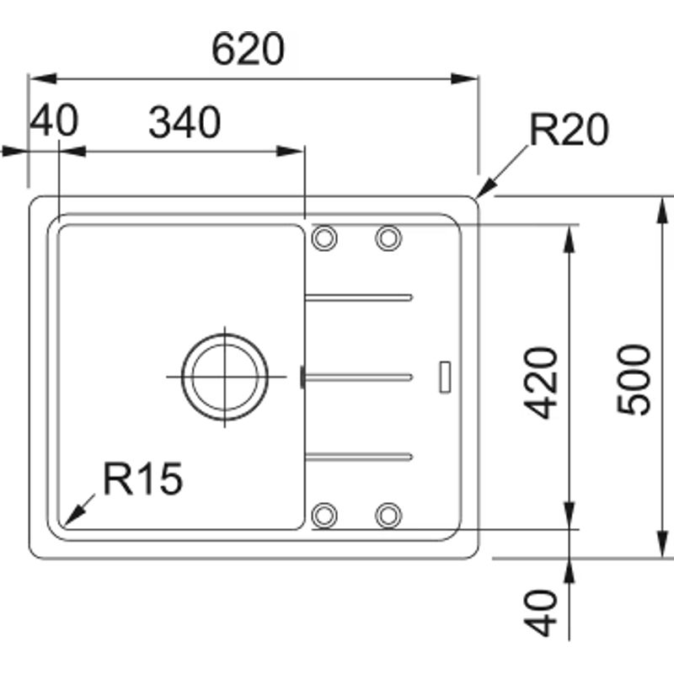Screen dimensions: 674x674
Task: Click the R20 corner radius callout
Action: point(568,131)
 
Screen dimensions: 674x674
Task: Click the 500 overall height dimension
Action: point(634,378)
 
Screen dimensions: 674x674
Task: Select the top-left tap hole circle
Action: point(324,238)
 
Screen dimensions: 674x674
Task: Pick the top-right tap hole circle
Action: point(388,238)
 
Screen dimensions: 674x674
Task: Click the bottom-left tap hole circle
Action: point(324,514)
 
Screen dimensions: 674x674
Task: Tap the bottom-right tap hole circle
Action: point(388,514)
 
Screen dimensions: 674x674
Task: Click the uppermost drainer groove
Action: point(359,297)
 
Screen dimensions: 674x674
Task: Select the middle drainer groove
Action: point(359,377)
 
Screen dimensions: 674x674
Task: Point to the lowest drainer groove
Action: point(359,456)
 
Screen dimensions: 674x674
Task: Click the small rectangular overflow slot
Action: point(445,376)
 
